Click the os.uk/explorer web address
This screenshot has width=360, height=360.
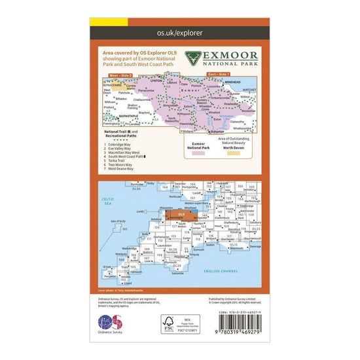pyautogui.click(x=179, y=31)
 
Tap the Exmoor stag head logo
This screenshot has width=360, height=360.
pyautogui.click(x=193, y=58)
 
